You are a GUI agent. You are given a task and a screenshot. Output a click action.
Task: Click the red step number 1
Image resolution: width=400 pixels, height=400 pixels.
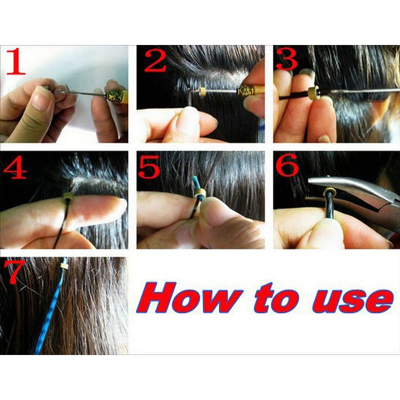(16, 62)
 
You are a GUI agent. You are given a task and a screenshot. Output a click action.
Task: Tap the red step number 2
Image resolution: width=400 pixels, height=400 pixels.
(155, 61)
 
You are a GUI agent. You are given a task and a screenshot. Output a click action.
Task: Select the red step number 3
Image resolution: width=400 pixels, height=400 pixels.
(286, 59)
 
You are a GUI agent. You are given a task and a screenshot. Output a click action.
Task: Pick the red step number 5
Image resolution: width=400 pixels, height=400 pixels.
(149, 167)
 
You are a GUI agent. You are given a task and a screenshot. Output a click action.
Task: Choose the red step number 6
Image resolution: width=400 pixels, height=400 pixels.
(287, 165)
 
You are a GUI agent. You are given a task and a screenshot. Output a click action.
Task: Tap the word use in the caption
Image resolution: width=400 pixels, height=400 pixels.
(352, 301)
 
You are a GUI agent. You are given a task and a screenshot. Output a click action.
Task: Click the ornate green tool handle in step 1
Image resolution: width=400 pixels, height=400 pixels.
(117, 96)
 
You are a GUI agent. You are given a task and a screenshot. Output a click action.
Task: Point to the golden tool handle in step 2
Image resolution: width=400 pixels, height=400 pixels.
(251, 91)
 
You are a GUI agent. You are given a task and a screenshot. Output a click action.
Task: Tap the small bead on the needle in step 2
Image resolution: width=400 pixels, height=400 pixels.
(202, 91)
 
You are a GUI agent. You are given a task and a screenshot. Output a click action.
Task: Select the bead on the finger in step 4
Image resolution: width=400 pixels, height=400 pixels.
(68, 197)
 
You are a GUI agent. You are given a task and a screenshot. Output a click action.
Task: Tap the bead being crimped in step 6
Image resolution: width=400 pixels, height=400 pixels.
(330, 192)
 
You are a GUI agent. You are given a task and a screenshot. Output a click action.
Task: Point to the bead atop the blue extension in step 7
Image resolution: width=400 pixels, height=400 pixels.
(64, 266)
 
